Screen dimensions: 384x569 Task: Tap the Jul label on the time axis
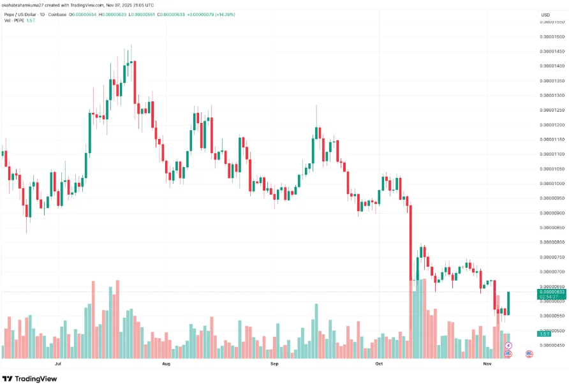click(58, 364)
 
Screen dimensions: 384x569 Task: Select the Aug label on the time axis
click(166, 364)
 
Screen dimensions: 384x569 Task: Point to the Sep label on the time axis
click(275, 364)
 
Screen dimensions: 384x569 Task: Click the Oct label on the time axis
click(379, 364)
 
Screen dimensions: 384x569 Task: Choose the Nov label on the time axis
click(487, 364)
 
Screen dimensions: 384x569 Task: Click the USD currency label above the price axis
click(545, 15)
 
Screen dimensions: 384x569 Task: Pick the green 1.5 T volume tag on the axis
click(544, 334)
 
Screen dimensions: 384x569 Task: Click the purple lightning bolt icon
click(508, 346)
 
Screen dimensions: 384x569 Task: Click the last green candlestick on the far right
click(508, 303)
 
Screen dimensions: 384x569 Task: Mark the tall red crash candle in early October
click(411, 242)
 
